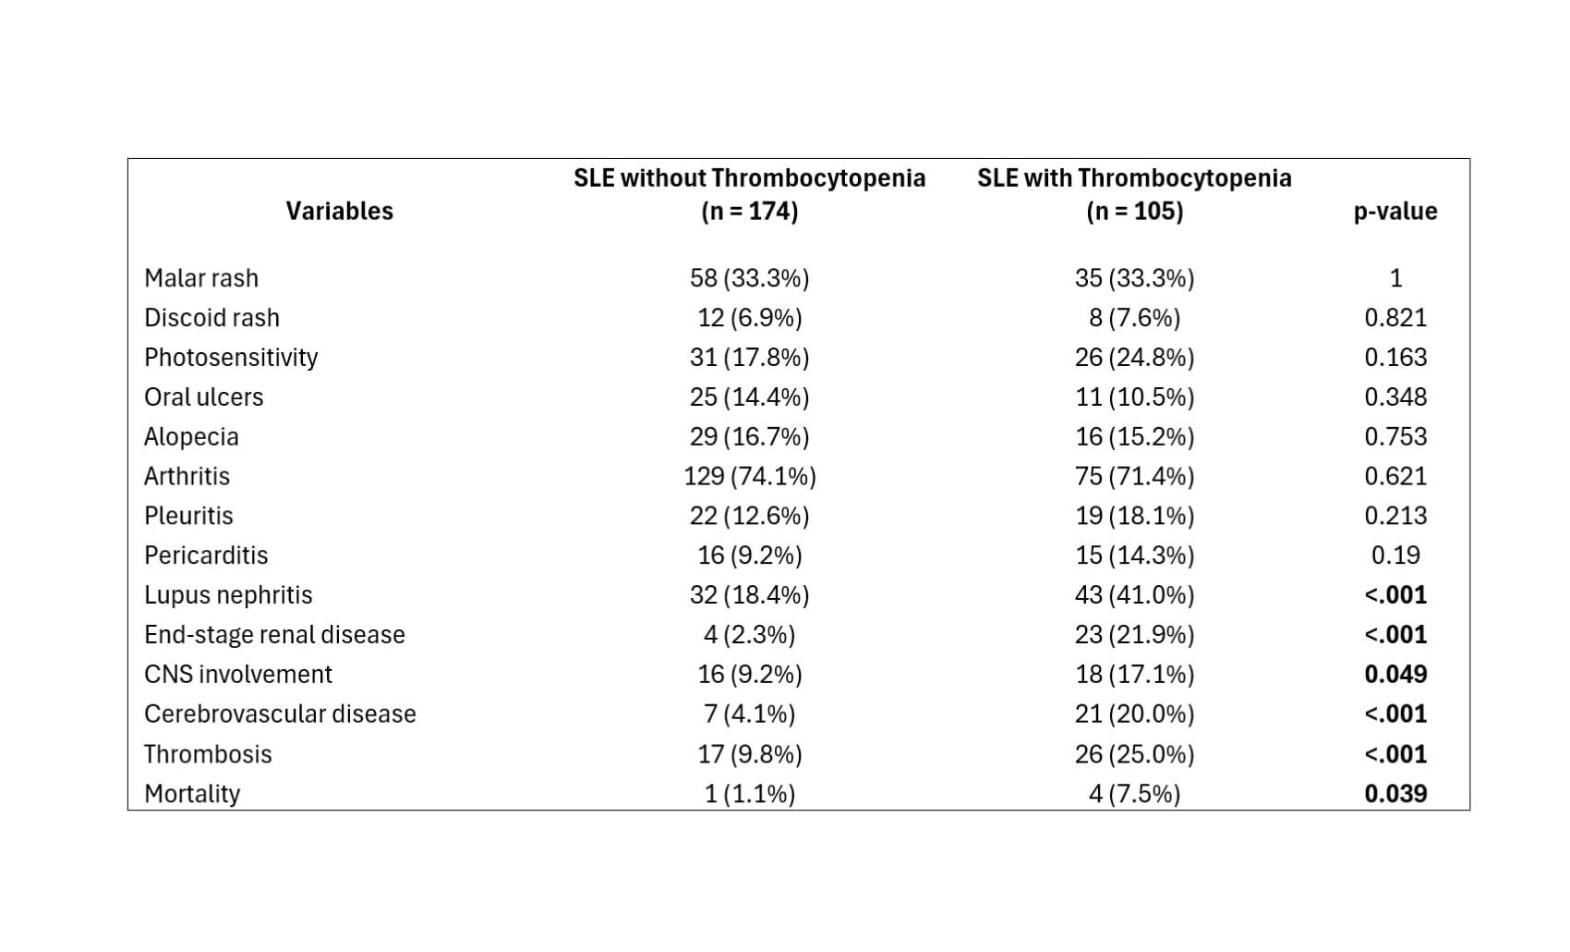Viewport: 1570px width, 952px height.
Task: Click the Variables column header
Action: [339, 211]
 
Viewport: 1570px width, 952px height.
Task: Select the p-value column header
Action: [1395, 211]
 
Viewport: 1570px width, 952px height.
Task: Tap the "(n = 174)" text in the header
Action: [749, 211]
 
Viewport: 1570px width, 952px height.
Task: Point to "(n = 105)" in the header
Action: [1134, 211]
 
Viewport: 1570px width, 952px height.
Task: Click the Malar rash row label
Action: [201, 278]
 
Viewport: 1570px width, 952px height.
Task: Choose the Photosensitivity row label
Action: [231, 358]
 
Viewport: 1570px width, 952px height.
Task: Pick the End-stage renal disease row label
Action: [274, 635]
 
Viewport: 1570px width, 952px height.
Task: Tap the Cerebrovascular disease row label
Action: [280, 714]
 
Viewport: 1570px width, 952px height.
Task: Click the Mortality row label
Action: [192, 794]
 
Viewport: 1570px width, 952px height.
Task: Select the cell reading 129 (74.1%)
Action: [749, 476]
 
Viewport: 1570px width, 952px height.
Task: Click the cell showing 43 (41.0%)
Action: [1134, 595]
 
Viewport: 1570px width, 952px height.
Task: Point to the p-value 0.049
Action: [1395, 674]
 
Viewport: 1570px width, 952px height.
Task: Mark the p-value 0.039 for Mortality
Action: [1395, 794]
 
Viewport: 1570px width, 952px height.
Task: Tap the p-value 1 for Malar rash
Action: [1395, 278]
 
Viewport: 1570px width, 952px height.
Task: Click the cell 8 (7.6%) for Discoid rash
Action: [1134, 318]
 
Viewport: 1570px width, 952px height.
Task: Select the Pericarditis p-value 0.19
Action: [1395, 555]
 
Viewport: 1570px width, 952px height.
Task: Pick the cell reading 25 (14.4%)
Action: [749, 397]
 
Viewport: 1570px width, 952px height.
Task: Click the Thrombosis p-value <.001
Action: [1395, 754]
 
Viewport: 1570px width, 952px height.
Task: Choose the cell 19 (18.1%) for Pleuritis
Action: [1134, 517]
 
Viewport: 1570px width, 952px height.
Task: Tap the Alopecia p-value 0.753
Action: [1395, 437]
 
